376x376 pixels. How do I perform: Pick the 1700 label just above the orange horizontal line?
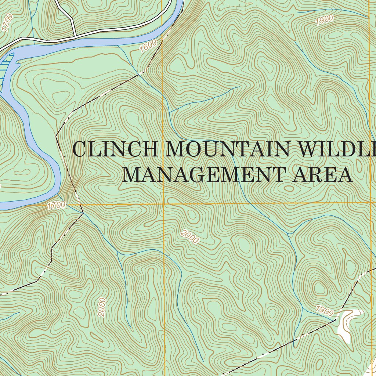(x=56, y=205)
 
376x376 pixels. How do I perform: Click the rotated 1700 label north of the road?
(x=7, y=22)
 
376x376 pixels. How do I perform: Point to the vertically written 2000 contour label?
(x=102, y=307)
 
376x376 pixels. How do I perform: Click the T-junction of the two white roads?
(x=75, y=36)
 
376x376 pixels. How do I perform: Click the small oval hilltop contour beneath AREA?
(x=290, y=189)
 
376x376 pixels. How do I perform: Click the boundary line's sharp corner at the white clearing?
(x=336, y=319)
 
